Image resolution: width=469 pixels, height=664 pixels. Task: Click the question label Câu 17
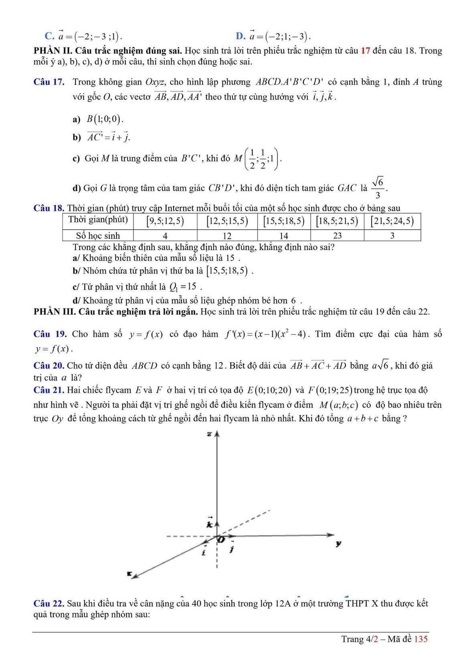[49, 82]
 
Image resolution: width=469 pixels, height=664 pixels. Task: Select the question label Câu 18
[49, 208]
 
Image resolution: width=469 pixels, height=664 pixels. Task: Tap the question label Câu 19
[50, 334]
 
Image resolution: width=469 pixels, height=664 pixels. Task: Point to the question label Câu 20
[49, 366]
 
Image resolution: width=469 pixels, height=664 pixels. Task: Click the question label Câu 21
[49, 390]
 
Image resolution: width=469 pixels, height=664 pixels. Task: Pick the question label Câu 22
[49, 603]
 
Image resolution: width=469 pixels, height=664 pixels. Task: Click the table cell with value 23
[337, 235]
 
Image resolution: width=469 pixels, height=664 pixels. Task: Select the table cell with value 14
[283, 235]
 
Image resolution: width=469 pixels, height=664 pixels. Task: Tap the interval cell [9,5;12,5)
[165, 221]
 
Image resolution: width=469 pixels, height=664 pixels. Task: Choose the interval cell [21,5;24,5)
[392, 221]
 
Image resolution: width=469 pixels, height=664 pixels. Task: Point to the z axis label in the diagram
[209, 434]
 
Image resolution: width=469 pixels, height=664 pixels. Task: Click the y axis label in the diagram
[339, 544]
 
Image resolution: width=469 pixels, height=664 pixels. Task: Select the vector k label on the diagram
[209, 523]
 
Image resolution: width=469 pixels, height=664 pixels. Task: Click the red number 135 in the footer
[421, 639]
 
